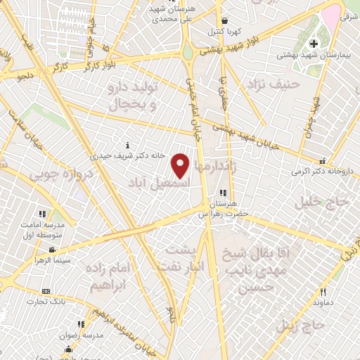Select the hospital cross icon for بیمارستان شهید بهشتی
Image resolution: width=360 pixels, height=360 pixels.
coord(314,44)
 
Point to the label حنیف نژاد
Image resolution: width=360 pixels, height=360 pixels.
coord(274,84)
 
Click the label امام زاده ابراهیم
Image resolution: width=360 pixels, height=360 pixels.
coord(110,278)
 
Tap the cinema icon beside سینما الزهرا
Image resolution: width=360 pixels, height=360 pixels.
coord(51,250)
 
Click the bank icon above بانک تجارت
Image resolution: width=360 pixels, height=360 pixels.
coord(46,291)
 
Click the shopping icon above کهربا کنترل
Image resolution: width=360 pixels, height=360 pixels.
coord(224,22)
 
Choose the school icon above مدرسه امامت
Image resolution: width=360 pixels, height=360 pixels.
coord(42,213)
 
